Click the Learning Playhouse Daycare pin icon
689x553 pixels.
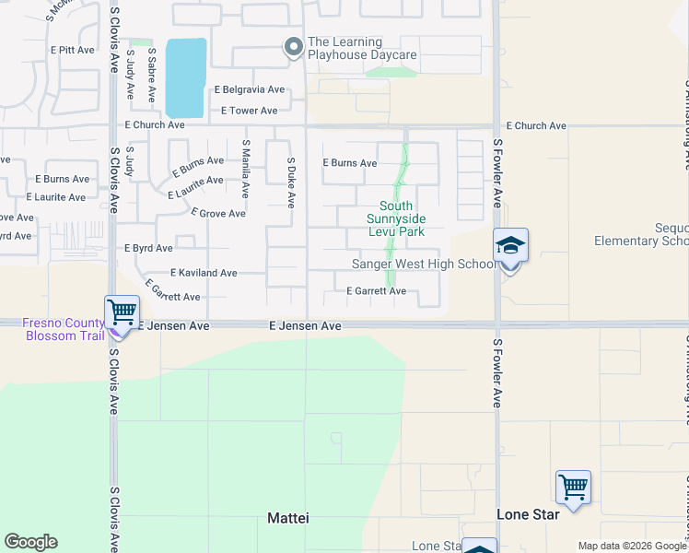[294, 47]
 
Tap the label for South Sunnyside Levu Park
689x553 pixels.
[397, 218]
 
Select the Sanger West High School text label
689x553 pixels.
[425, 265]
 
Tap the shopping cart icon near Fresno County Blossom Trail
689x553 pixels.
[122, 312]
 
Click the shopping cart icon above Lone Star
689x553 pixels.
[573, 487]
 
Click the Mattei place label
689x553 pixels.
[287, 518]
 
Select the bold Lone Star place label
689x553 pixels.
[528, 514]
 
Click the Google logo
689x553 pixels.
[30, 542]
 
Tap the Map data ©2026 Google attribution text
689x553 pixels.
[631, 546]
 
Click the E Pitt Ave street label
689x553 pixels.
[76, 50]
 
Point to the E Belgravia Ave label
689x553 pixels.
[250, 90]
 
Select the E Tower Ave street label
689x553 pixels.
[249, 111]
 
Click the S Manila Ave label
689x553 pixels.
[245, 169]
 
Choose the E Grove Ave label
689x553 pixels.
[217, 214]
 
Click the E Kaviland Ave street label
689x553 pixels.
[204, 273]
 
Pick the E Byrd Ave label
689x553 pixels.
[148, 248]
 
